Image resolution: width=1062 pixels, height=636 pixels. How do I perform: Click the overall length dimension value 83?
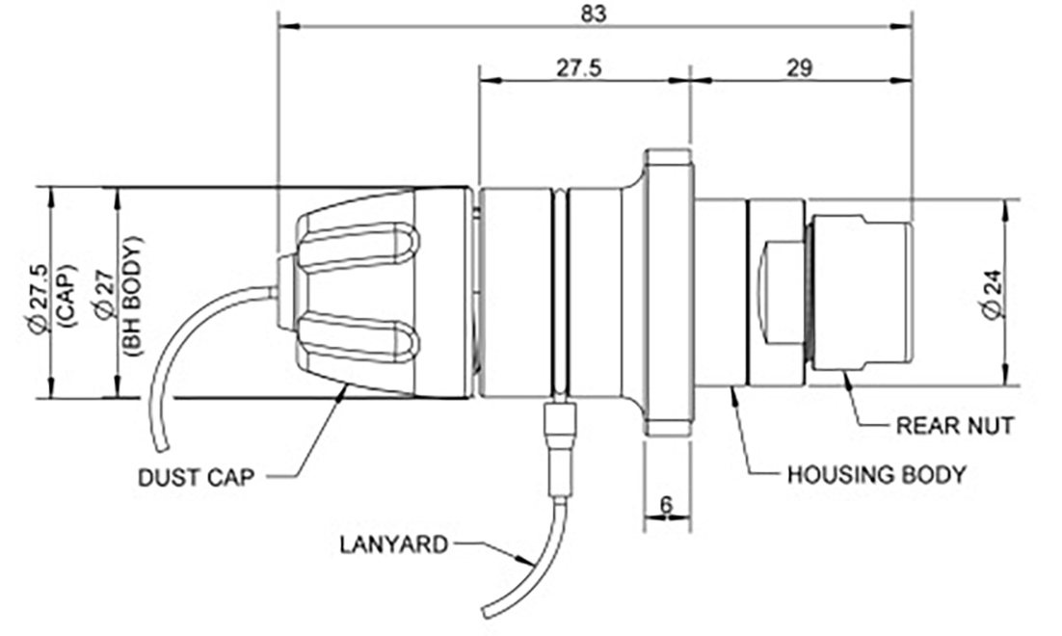(x=596, y=13)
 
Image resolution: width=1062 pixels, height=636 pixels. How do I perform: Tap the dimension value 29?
(x=799, y=67)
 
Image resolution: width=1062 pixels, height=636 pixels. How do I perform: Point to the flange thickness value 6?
(x=668, y=502)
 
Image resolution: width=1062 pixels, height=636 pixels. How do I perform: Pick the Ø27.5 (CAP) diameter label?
(x=48, y=292)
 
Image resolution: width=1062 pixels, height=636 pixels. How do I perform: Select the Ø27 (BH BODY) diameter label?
(x=119, y=292)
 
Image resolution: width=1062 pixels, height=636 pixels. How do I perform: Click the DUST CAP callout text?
(x=198, y=477)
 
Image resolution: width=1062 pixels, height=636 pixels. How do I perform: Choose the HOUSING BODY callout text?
(x=876, y=474)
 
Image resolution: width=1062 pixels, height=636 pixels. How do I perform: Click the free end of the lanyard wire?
(x=488, y=613)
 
